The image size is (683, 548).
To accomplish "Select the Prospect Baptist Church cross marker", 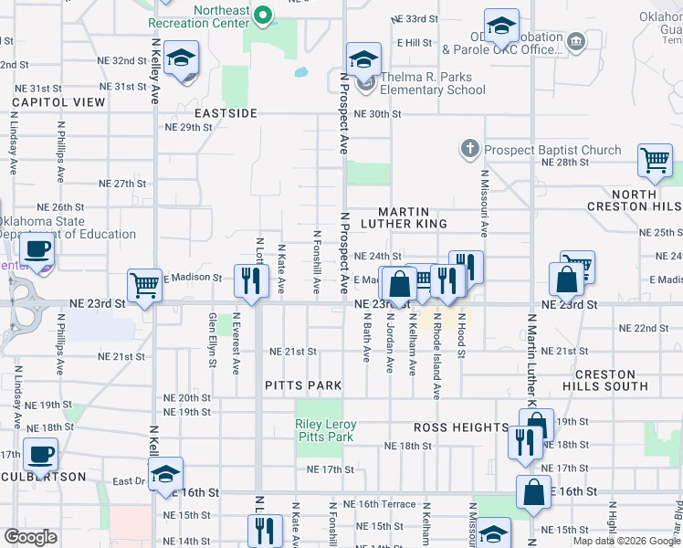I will [x=470, y=149].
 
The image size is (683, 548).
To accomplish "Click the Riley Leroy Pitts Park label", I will [x=325, y=431].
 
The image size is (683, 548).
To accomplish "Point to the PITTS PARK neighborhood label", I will [x=303, y=386].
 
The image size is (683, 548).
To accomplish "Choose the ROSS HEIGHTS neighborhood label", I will [x=461, y=427].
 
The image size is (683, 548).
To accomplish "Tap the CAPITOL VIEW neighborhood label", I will [x=58, y=102].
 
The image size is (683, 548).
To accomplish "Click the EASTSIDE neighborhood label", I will [x=226, y=113].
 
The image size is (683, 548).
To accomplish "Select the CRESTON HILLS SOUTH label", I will [x=611, y=381].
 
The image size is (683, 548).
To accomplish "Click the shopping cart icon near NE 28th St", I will [x=655, y=161].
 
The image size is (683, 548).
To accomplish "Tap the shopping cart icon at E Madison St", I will [x=145, y=285].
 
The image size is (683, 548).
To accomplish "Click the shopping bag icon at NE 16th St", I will [x=532, y=491].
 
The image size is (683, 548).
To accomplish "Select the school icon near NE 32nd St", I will [x=182, y=58].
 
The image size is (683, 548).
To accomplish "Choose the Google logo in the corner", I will [x=30, y=537].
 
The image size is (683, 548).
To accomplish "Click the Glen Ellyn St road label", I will [x=213, y=340].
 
